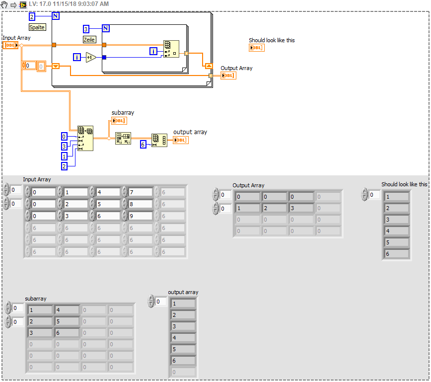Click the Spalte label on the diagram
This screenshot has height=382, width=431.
click(x=37, y=27)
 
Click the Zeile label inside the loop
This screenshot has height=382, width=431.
click(x=89, y=39)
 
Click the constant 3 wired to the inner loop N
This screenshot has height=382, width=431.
click(x=86, y=29)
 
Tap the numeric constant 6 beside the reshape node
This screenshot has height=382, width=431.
click(x=143, y=144)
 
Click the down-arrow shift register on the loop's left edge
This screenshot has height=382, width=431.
click(x=56, y=66)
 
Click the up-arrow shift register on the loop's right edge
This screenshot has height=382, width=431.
click(x=209, y=66)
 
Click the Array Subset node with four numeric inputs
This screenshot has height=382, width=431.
click(x=85, y=138)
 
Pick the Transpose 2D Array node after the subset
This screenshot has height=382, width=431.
click(x=123, y=138)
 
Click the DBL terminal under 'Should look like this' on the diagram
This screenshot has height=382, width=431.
click(x=256, y=48)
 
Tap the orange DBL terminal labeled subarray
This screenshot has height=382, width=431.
click(x=119, y=121)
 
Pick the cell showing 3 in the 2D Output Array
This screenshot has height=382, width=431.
click(x=300, y=208)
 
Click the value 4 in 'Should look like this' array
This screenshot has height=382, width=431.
click(x=397, y=231)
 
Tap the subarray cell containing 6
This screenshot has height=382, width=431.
click(x=67, y=333)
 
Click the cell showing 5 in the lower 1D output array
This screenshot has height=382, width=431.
click(x=183, y=349)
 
